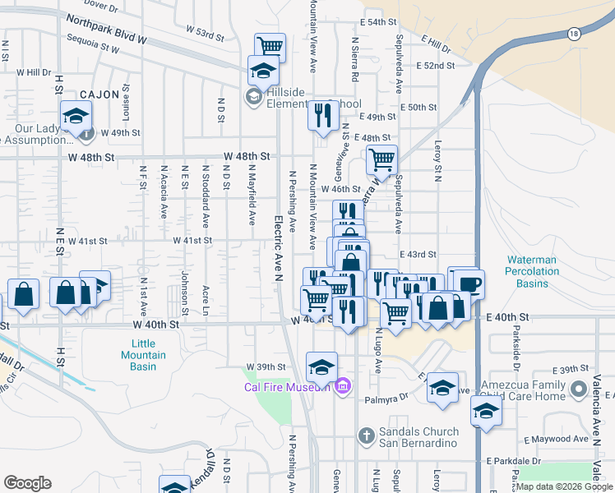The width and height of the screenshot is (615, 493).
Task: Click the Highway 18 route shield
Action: tap(573, 33)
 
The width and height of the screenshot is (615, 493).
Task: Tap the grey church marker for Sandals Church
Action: tap(366, 433)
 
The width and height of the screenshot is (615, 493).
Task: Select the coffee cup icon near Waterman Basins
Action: tap(470, 283)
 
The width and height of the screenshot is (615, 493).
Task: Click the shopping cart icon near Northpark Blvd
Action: tap(269, 46)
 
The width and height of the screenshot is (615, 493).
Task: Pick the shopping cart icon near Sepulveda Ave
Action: tap(381, 159)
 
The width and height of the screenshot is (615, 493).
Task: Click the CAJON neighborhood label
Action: tap(99, 95)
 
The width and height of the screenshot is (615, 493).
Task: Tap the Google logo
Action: tap(27, 483)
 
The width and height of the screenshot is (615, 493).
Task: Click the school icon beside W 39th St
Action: tap(321, 366)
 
